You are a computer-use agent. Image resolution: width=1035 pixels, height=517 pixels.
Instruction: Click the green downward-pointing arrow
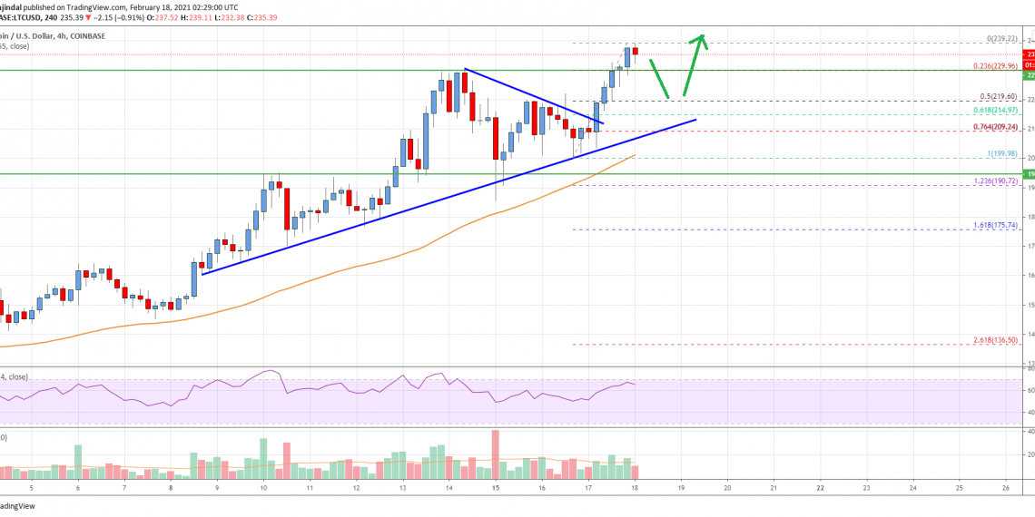pyautogui.click(x=659, y=77)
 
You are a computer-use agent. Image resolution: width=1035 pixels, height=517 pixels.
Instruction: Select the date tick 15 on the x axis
pyautogui.click(x=496, y=487)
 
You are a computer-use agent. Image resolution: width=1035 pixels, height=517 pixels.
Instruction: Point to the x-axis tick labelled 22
pyautogui.click(x=820, y=487)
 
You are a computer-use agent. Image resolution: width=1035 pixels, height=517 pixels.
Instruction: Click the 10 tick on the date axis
pyautogui.click(x=262, y=487)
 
